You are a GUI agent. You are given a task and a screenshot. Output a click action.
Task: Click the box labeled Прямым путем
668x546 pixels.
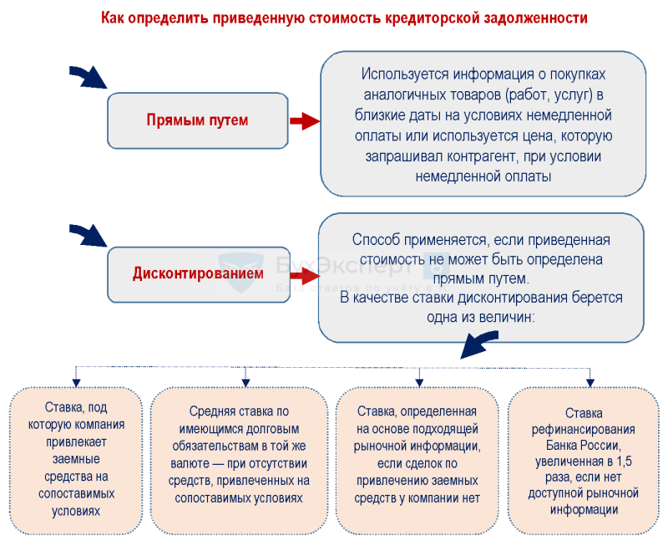197,120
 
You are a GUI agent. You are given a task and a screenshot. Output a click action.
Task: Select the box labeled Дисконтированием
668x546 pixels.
197,273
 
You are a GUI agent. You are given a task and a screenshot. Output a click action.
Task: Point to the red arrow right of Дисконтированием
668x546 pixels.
304,273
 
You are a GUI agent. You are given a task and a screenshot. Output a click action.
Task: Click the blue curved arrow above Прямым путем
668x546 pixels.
89,78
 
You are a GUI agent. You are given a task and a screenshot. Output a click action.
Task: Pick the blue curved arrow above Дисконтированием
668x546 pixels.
89,232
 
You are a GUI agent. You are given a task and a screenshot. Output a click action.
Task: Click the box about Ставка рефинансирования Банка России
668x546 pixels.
583,460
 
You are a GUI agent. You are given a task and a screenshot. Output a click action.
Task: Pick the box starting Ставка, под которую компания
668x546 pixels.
76,460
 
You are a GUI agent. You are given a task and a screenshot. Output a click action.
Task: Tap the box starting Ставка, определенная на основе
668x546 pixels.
417,460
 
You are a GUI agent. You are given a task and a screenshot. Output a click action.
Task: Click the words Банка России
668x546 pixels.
583,445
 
